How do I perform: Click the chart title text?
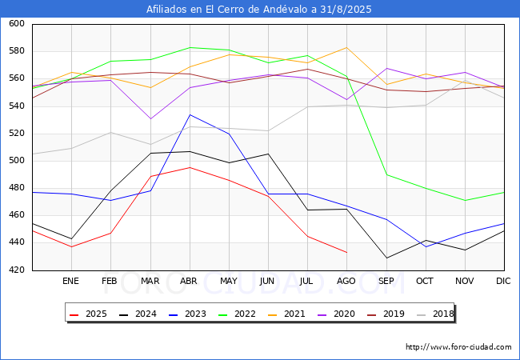click(x=259, y=10)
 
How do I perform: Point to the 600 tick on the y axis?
click(x=17, y=25)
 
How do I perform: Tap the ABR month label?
click(x=190, y=282)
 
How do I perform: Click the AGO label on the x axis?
click(x=346, y=282)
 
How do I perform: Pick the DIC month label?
click(x=503, y=282)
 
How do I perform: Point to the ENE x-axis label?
click(x=71, y=282)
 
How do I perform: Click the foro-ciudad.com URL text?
click(x=458, y=347)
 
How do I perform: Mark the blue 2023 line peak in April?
click(x=190, y=114)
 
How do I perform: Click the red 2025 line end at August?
click(x=346, y=253)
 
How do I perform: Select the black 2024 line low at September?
click(x=386, y=258)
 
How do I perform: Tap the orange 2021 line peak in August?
click(x=346, y=47)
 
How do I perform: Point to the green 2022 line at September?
click(x=386, y=174)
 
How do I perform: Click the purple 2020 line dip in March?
click(x=150, y=119)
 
